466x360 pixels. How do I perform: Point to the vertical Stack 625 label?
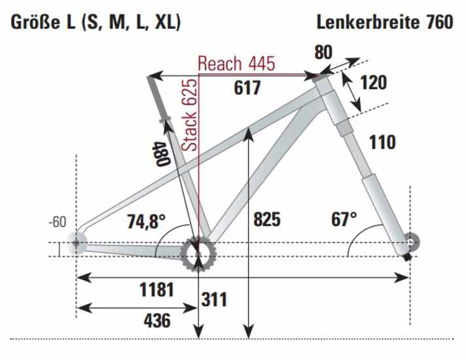[190, 117]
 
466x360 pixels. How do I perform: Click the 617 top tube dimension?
[247, 87]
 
